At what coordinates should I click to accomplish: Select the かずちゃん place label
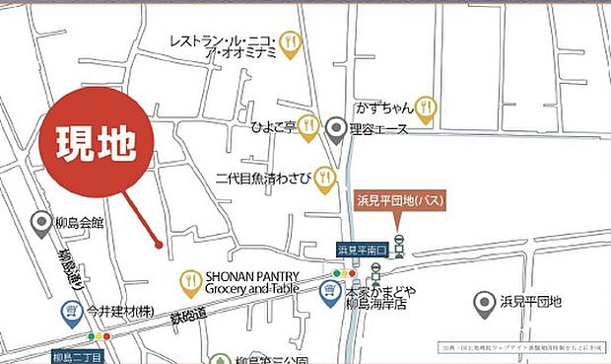[x=384, y=106]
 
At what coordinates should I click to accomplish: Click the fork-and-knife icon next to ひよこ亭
[x=308, y=125]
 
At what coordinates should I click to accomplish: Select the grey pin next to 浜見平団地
[x=484, y=304]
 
